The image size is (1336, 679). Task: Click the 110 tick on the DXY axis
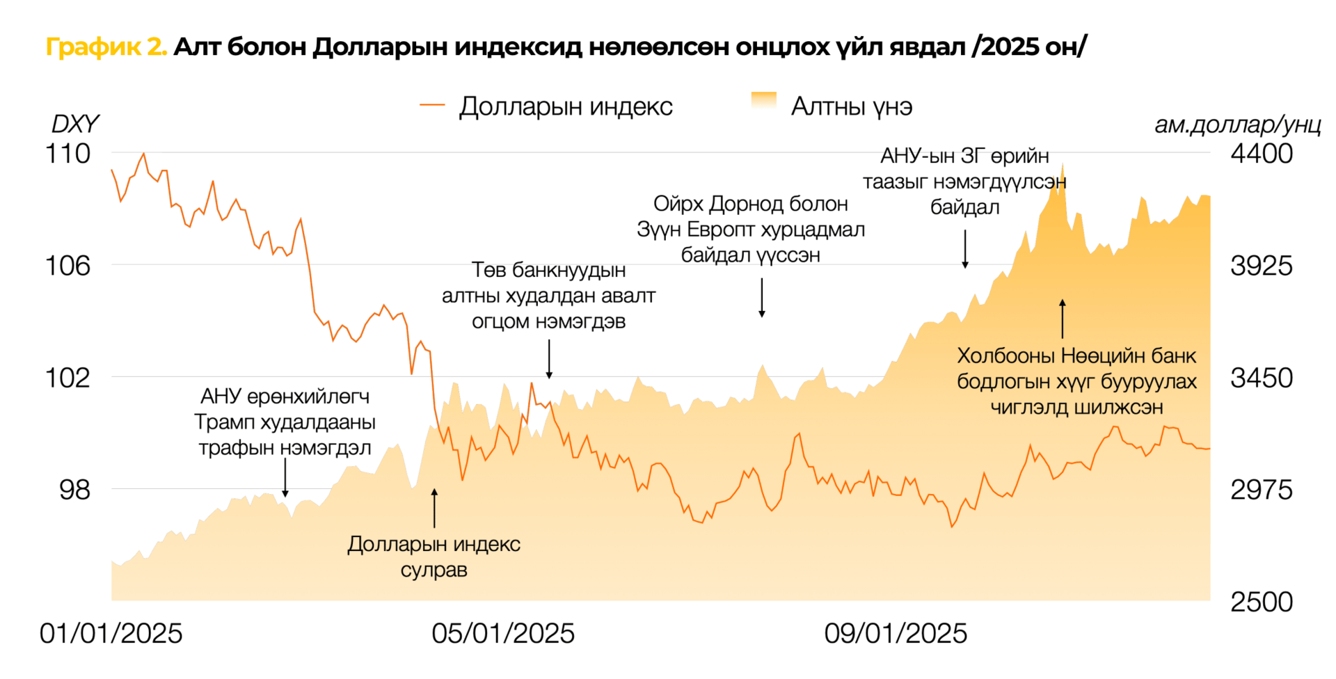click(x=67, y=154)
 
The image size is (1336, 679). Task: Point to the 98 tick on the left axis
click(x=74, y=490)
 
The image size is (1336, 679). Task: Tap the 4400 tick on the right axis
click(x=1261, y=154)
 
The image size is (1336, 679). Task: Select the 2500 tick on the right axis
click(x=1261, y=602)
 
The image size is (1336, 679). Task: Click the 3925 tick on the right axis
click(x=1261, y=266)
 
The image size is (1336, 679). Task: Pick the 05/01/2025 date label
click(x=503, y=634)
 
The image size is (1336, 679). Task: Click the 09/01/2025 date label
click(x=896, y=634)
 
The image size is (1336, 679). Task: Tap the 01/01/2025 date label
click(x=111, y=634)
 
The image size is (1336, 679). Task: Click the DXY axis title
click(x=74, y=124)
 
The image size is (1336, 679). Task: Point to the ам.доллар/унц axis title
click(x=1237, y=125)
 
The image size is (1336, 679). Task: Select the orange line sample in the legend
click(x=432, y=106)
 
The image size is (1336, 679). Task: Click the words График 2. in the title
click(x=106, y=47)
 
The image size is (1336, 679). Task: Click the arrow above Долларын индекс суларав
click(x=434, y=508)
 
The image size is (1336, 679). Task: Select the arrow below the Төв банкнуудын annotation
click(x=549, y=359)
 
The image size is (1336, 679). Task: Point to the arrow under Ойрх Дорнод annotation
click(x=762, y=298)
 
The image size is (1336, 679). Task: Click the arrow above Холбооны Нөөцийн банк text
click(x=1063, y=319)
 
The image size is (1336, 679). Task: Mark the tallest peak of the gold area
click(x=1063, y=166)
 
